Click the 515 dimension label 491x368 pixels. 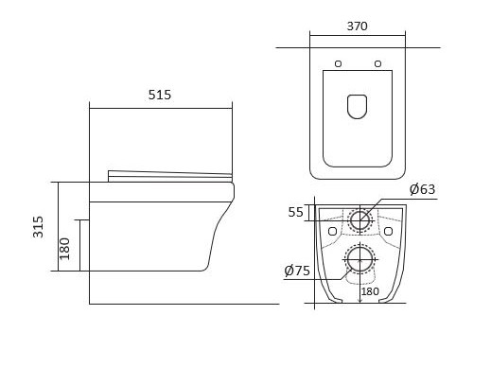coord(160,95)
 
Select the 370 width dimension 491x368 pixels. coord(357,26)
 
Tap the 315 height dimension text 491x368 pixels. coord(38,227)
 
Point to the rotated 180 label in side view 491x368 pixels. coord(64,249)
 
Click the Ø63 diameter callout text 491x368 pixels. coord(422,189)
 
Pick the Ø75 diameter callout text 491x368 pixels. coord(297,271)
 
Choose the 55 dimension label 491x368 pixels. coord(295,212)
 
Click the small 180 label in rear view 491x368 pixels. coord(370,291)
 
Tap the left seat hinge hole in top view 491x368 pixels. coord(338,64)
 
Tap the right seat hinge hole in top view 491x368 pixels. coord(377,64)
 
